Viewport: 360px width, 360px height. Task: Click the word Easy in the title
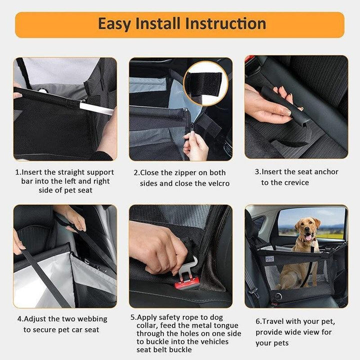[115, 24]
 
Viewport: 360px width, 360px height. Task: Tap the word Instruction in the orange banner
[225, 24]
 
